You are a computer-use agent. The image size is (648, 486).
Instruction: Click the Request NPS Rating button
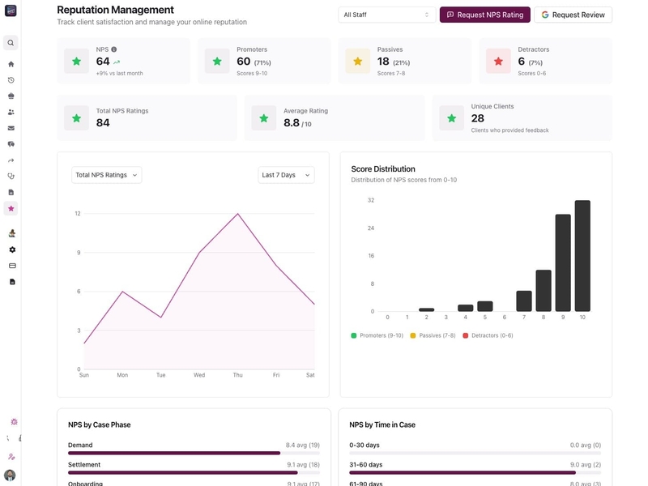(484, 15)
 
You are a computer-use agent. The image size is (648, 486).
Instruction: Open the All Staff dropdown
(387, 15)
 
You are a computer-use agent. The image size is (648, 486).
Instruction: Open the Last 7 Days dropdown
(286, 175)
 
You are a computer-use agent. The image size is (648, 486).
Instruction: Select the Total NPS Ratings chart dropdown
(106, 175)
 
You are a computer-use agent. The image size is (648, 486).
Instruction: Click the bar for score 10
(582, 256)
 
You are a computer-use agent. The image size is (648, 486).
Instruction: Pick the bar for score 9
(563, 263)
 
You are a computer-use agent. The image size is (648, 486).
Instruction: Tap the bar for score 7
(524, 301)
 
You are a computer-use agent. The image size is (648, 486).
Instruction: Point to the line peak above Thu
(238, 214)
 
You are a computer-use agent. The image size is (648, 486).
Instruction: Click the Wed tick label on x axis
(199, 375)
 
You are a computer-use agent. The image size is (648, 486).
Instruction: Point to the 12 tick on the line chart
(78, 214)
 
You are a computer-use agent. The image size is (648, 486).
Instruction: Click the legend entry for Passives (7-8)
(433, 335)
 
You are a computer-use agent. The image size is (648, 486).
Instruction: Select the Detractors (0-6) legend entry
(488, 335)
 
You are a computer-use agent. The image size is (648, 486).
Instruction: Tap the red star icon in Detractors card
(498, 61)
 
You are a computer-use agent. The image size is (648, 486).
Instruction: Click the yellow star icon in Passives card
(357, 61)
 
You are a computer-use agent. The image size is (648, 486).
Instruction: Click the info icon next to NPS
(113, 49)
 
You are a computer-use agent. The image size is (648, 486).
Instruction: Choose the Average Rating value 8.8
(292, 122)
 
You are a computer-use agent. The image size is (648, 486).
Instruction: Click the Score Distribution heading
(383, 169)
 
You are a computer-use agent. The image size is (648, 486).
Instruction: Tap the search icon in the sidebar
(11, 43)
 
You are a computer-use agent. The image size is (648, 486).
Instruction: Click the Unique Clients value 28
(478, 118)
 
